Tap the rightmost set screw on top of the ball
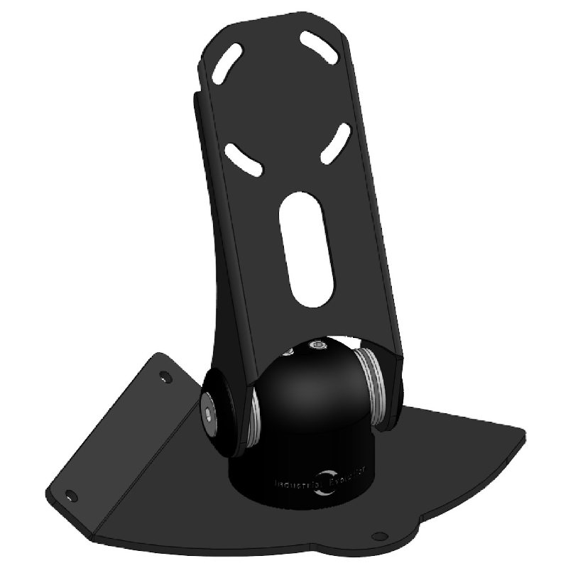317,346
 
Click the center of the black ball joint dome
312,390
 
